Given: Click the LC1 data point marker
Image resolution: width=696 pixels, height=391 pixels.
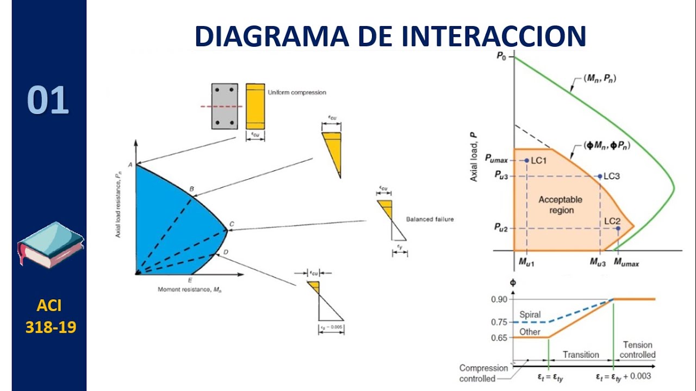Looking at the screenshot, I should tap(526, 160).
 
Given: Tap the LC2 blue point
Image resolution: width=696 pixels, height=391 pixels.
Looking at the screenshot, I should tap(618, 229).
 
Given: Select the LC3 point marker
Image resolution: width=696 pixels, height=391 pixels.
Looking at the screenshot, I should tap(600, 176).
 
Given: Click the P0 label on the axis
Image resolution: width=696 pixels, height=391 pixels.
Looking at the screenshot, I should tap(501, 56).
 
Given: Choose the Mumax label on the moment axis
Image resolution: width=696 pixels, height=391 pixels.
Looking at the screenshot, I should tap(626, 263).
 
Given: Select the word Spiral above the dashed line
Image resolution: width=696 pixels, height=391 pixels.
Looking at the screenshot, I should tap(530, 314).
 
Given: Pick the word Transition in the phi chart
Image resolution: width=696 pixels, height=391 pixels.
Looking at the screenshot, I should tap(581, 355).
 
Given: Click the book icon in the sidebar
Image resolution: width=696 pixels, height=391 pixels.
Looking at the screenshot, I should tap(50, 244).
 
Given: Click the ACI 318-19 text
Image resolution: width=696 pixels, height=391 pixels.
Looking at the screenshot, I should tap(50, 317).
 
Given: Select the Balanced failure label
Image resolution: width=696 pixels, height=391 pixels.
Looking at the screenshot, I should tap(430, 219).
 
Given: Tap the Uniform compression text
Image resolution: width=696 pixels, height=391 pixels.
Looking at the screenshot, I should tap(297, 92).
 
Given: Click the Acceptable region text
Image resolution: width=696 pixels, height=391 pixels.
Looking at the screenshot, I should tap(560, 205).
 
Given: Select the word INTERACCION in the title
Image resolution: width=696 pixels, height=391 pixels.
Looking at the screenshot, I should tap(494, 36).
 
